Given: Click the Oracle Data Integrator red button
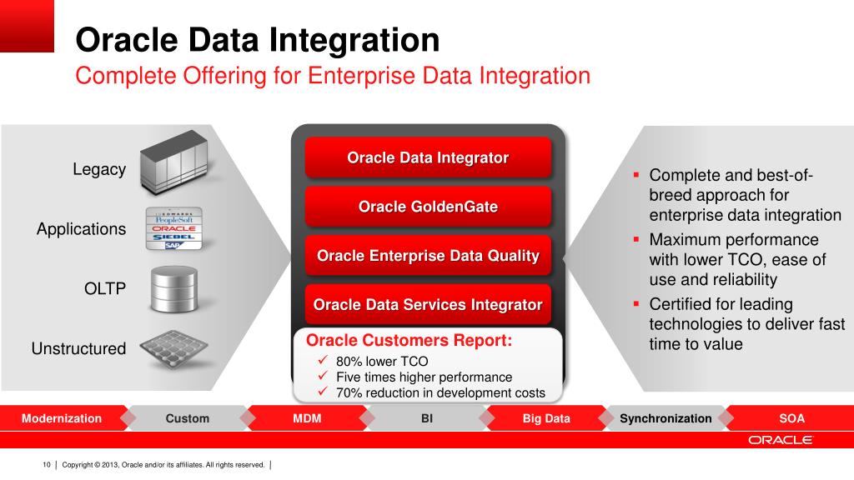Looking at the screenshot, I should coord(428,157).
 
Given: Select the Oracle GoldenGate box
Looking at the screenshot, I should coord(428,207).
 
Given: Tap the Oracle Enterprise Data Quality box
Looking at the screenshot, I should coord(428,256).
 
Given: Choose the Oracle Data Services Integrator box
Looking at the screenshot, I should coord(428,305).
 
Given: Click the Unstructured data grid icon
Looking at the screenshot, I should coord(173,348).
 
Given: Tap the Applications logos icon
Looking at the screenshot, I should coord(173,228).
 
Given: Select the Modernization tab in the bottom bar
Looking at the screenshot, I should coord(62,418).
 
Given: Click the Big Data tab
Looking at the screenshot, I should coord(546,418).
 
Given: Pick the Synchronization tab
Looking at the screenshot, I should coord(666,418).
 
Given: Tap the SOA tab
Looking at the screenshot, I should coord(791,418).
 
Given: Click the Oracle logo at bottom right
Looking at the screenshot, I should coord(780,440).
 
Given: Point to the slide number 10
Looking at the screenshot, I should coord(47,464).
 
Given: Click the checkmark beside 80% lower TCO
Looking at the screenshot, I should coord(324,361).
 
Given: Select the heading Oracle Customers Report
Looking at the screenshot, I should coord(409,341).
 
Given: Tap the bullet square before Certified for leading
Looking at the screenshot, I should coord(636,303).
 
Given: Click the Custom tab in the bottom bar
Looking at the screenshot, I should coord(187,418).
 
